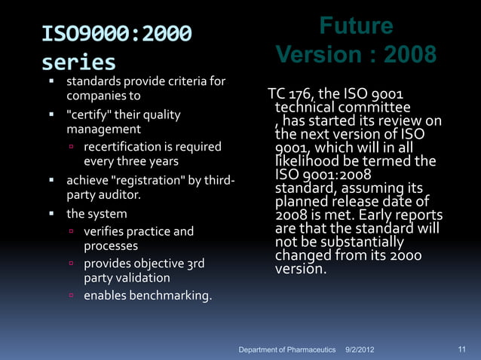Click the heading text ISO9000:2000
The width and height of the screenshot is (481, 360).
[116, 34]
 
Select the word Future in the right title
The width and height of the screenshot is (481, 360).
[355, 26]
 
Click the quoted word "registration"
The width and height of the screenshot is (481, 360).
[158, 181]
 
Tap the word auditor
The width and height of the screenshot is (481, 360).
[120, 196]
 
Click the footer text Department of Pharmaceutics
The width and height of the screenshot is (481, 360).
[286, 350]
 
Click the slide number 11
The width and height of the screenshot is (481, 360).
[463, 349]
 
